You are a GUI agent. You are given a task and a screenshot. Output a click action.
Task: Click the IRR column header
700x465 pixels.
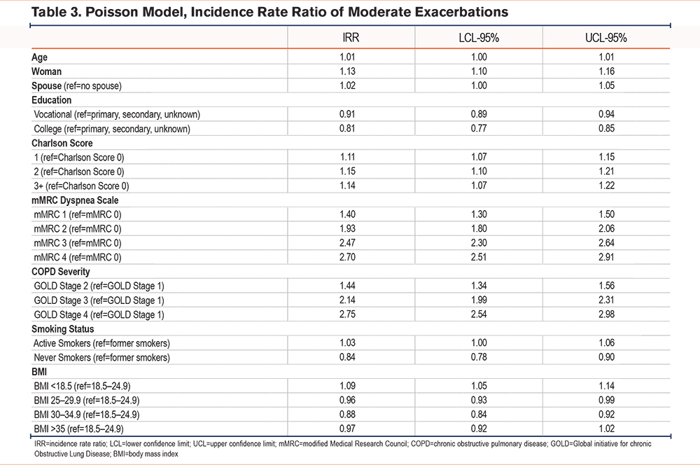351,38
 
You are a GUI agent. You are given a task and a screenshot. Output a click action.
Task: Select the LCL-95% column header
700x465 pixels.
479,38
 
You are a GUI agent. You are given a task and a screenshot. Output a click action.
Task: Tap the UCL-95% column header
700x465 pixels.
605,38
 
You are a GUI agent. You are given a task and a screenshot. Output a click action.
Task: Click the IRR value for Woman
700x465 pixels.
347,71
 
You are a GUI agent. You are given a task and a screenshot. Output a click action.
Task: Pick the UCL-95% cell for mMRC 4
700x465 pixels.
606,257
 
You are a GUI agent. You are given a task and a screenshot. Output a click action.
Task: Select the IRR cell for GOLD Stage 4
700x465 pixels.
347,314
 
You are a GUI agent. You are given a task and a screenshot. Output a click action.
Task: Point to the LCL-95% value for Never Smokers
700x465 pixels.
479,357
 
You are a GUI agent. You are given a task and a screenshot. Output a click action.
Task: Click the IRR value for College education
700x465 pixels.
347,129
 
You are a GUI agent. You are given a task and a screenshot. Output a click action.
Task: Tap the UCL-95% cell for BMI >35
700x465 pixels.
606,429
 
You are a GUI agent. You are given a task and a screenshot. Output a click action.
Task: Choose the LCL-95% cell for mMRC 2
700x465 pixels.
479,229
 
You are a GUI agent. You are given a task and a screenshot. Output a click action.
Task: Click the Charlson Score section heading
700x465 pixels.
62,144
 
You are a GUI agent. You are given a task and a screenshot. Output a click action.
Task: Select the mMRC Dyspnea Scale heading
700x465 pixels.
75,200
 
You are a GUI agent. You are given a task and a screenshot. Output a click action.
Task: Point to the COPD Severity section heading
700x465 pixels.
61,272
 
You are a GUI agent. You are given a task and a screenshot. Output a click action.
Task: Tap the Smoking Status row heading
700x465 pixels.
62,329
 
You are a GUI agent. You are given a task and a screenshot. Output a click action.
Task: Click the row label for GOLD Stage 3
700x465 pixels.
99,300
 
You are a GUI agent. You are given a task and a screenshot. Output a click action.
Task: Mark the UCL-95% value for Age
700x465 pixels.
606,57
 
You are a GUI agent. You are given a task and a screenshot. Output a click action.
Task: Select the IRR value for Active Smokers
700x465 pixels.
347,343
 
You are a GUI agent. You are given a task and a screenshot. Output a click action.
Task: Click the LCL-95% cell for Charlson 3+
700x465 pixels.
479,186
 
